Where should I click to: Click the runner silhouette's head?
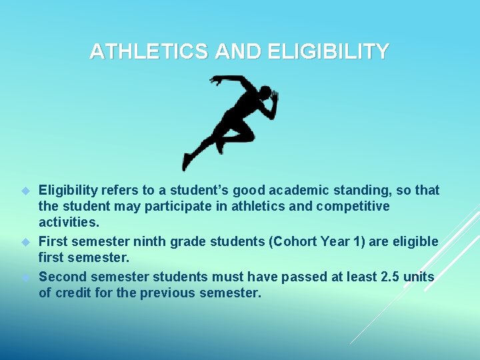(x=265, y=93)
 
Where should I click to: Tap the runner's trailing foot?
(x=187, y=162)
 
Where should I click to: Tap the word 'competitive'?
(x=353, y=207)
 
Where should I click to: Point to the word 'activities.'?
(x=69, y=223)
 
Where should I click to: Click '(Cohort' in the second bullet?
(x=291, y=241)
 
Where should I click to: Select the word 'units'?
(x=420, y=277)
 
